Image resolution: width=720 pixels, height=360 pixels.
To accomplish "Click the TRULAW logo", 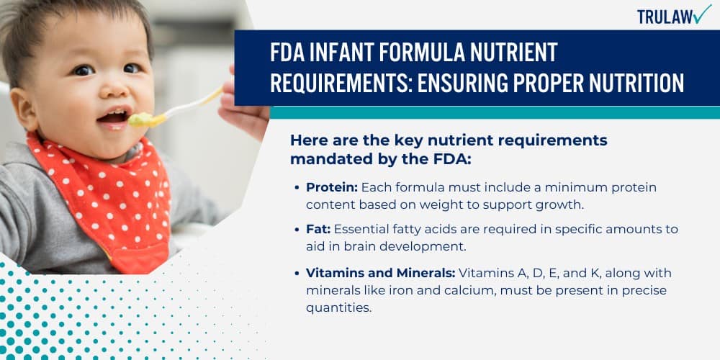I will point(673,15).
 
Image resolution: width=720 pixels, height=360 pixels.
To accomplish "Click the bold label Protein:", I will point(331,187).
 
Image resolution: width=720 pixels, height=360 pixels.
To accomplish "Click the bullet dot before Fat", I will point(298,230).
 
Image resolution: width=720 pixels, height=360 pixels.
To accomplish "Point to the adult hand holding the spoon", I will point(245,108).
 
